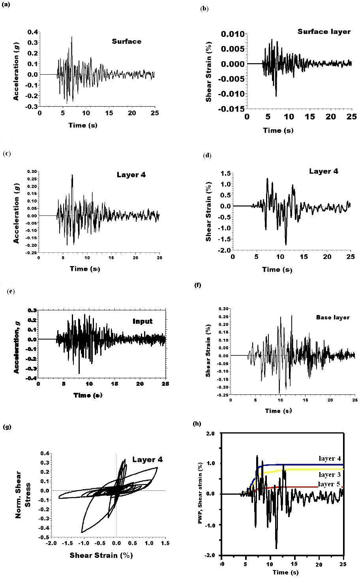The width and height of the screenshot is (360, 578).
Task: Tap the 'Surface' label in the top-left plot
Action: (x=126, y=41)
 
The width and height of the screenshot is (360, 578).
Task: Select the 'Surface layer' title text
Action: (x=324, y=32)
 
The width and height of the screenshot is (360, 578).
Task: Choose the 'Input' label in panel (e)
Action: (x=142, y=321)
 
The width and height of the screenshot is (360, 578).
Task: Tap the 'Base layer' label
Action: (x=333, y=317)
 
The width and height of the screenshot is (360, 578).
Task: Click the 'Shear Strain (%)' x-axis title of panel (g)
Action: (x=101, y=555)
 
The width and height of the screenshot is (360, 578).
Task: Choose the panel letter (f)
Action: (x=198, y=285)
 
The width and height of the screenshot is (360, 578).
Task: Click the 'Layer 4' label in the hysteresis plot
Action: (x=147, y=459)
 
